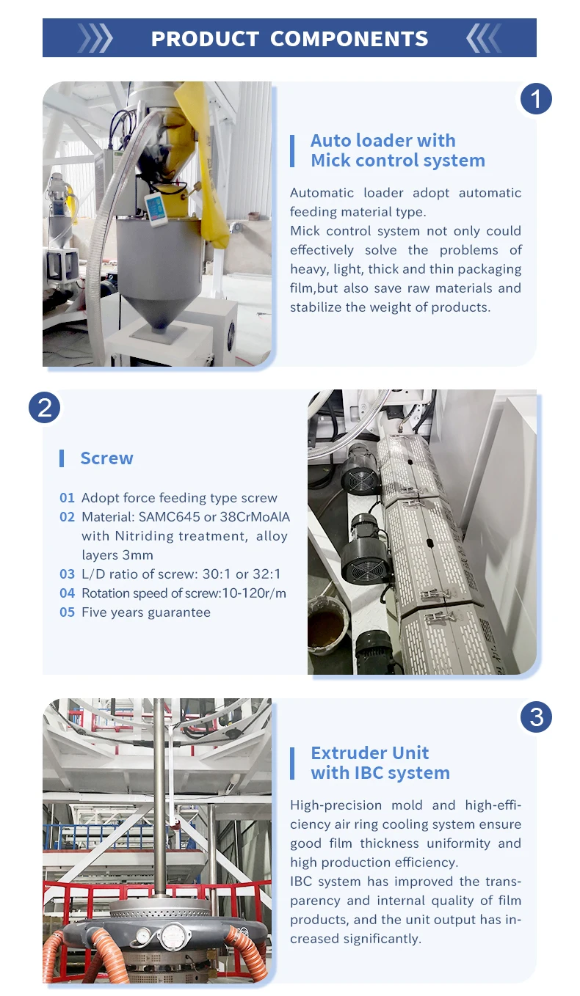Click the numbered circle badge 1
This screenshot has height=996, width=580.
[x=536, y=99]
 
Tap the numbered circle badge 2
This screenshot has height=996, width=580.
[x=44, y=407]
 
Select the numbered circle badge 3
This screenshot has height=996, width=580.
[x=536, y=717]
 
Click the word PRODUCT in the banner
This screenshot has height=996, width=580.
[x=205, y=39]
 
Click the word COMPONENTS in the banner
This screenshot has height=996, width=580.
[x=349, y=39]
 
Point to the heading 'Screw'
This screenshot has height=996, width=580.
[x=106, y=458]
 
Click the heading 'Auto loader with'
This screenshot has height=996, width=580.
[x=383, y=140]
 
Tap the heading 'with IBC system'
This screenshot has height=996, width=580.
[x=380, y=773]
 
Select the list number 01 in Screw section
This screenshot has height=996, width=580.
[x=67, y=498]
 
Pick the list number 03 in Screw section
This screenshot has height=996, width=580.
[x=67, y=574]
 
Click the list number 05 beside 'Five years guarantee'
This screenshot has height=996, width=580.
[x=67, y=612]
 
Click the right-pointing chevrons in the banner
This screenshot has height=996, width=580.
[x=95, y=38]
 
